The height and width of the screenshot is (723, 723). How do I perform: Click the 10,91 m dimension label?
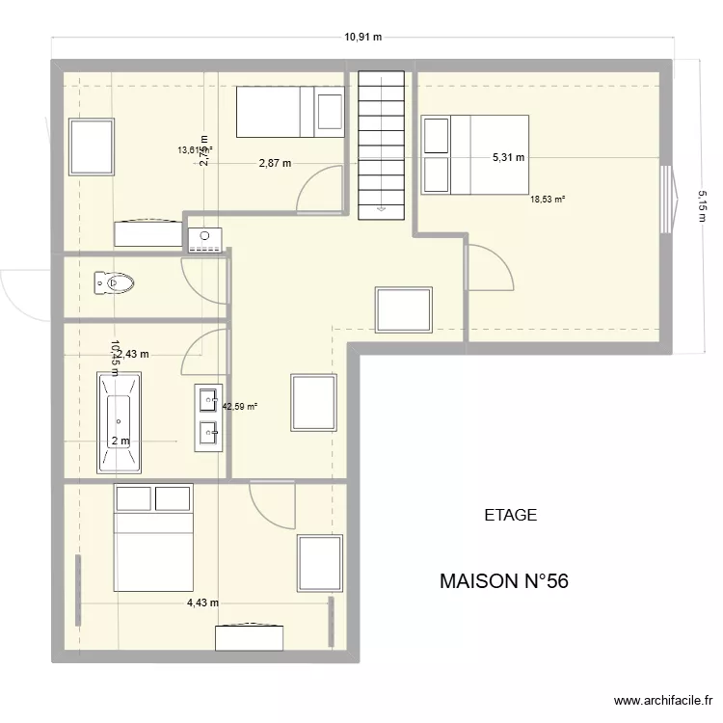(x=363, y=38)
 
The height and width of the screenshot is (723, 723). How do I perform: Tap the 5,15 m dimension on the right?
(x=702, y=205)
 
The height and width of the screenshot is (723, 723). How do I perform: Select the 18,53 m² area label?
(x=548, y=200)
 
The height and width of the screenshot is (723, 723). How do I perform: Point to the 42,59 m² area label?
(x=240, y=407)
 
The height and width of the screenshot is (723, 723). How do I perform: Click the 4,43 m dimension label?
(x=202, y=603)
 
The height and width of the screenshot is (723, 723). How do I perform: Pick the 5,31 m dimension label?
(x=508, y=158)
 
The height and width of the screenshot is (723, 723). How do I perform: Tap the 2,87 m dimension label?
(x=275, y=164)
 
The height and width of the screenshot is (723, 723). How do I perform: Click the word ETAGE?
(x=510, y=516)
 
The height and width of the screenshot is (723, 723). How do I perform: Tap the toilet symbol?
(x=114, y=283)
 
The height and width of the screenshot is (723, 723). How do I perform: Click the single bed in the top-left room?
(x=290, y=112)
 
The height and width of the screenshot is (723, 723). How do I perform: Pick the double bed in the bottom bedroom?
(x=153, y=539)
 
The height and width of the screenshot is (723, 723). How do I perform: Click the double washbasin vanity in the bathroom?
(x=209, y=417)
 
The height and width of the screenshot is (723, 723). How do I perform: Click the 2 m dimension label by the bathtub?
(x=120, y=442)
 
